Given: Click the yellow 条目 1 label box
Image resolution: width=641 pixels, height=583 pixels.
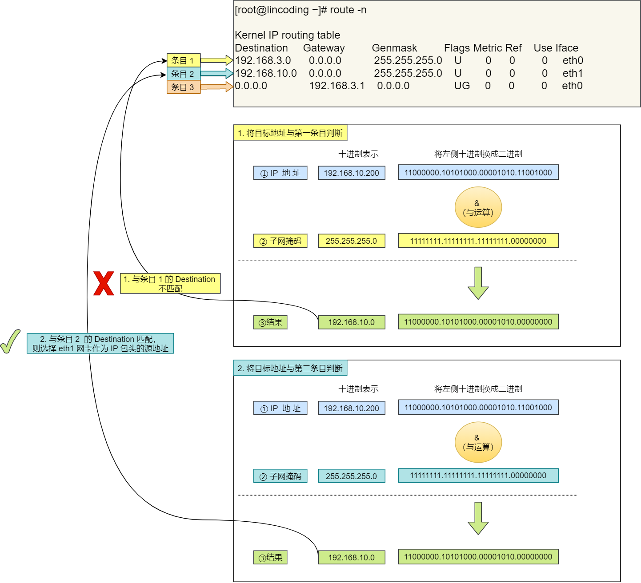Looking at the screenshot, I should (183, 60).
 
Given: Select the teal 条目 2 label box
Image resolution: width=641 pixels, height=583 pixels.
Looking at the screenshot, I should (183, 74).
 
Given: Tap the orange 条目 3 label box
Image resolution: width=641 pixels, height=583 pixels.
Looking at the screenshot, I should (183, 87).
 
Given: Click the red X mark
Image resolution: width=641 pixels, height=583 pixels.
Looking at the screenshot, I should (104, 284).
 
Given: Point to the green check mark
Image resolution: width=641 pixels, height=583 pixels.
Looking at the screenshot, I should (11, 341).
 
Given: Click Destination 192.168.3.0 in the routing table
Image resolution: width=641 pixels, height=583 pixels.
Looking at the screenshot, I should (263, 60).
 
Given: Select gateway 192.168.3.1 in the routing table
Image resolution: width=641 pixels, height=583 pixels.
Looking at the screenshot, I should (337, 86).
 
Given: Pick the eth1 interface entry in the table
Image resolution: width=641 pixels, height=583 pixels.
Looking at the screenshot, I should (573, 73).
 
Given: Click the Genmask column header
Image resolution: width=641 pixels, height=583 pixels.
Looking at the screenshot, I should (394, 48).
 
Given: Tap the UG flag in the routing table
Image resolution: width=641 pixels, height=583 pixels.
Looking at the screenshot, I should (462, 86).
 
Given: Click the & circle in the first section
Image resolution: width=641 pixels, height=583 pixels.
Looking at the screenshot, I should (478, 207).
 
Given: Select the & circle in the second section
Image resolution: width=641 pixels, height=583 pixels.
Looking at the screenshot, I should (478, 442).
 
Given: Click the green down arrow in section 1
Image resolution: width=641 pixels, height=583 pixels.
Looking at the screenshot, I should (478, 283).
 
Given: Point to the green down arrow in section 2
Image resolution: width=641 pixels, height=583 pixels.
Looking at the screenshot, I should (478, 518).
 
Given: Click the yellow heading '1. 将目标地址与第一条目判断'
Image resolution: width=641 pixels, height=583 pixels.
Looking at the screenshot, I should (290, 133).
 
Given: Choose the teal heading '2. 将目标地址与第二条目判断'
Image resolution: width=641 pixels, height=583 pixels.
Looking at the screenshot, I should (290, 368).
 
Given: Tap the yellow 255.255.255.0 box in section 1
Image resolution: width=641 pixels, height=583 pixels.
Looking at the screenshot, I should (351, 241).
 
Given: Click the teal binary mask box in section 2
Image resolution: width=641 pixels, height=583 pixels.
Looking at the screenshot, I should (478, 476).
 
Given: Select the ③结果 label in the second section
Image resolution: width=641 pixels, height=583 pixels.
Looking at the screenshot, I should (270, 558).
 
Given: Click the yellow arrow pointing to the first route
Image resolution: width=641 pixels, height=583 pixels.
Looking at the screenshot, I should (217, 60).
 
